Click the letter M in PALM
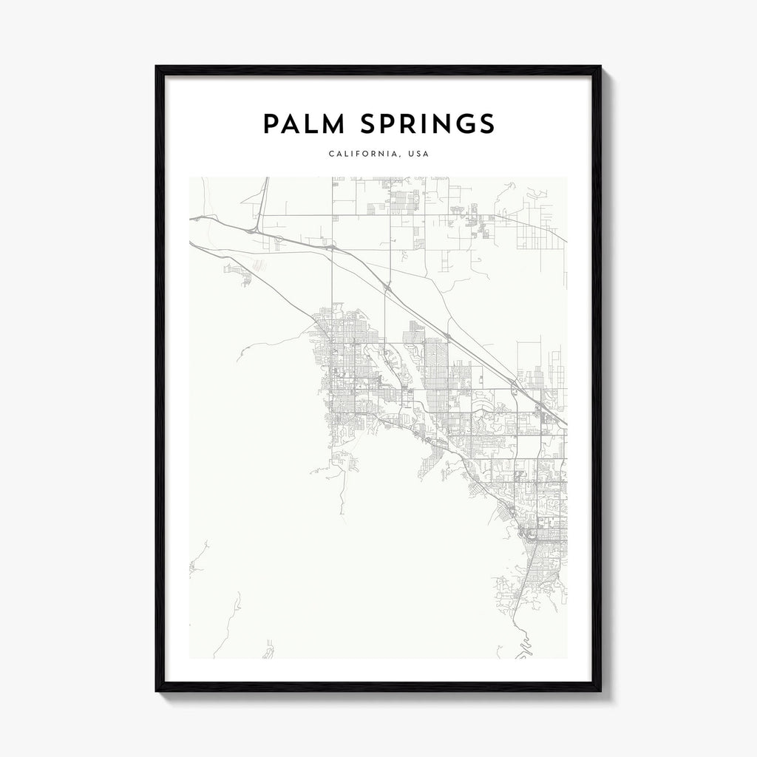331,124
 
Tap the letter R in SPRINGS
403,124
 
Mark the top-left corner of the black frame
157,67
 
